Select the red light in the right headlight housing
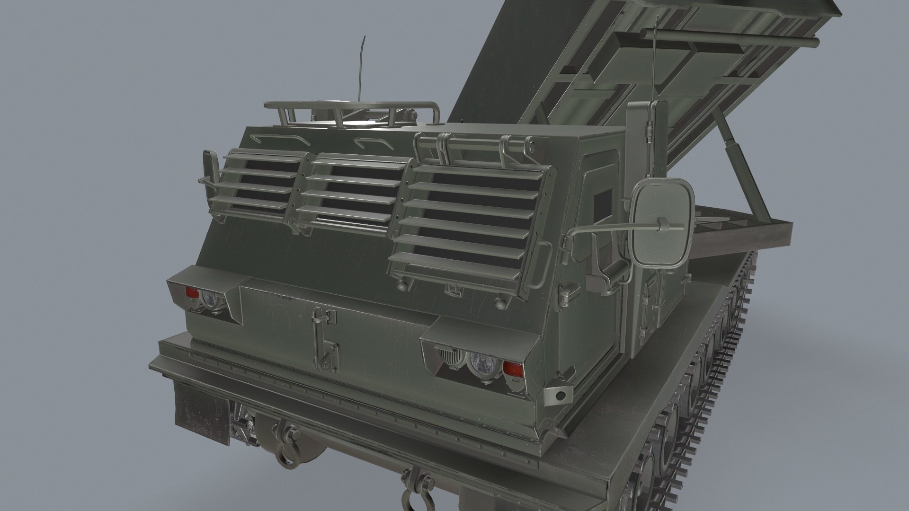512,368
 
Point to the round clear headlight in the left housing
209,299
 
